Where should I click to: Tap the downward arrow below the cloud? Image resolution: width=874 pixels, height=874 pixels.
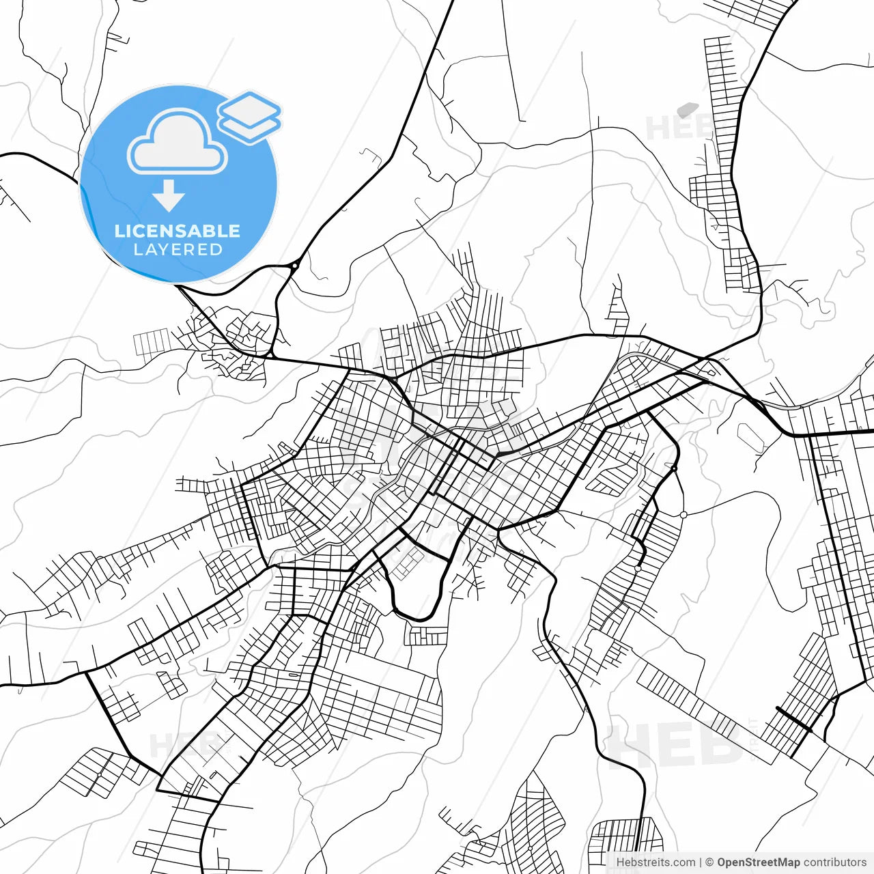click(169, 197)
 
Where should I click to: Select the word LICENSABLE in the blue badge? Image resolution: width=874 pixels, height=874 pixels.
click(178, 231)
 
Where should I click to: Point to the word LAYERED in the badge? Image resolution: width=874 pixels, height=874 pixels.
click(178, 250)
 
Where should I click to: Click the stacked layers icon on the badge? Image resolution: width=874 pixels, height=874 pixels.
click(249, 117)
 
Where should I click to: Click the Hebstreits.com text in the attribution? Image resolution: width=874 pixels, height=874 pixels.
click(655, 862)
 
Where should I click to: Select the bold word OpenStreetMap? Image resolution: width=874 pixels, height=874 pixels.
click(758, 862)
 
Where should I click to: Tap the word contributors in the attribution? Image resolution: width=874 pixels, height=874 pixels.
click(834, 862)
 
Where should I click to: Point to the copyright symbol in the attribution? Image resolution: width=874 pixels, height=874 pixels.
click(709, 862)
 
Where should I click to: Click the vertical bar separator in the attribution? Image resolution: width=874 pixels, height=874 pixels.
click(701, 862)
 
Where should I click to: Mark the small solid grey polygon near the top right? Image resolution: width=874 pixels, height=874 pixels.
click(687, 109)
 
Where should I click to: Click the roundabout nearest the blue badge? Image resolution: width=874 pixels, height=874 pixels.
click(294, 266)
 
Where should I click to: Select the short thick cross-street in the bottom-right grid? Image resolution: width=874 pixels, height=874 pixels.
click(794, 719)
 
